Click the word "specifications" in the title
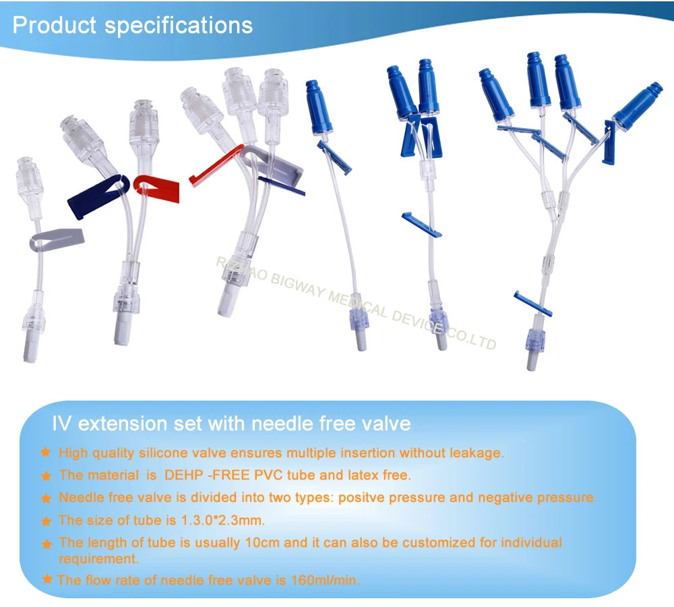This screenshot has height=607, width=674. (x=179, y=26)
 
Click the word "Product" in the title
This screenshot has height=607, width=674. (x=55, y=25)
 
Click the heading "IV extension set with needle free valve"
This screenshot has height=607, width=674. (x=231, y=424)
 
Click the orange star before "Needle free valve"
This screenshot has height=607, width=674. (x=46, y=499)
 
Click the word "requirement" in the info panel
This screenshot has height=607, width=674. (x=97, y=559)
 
